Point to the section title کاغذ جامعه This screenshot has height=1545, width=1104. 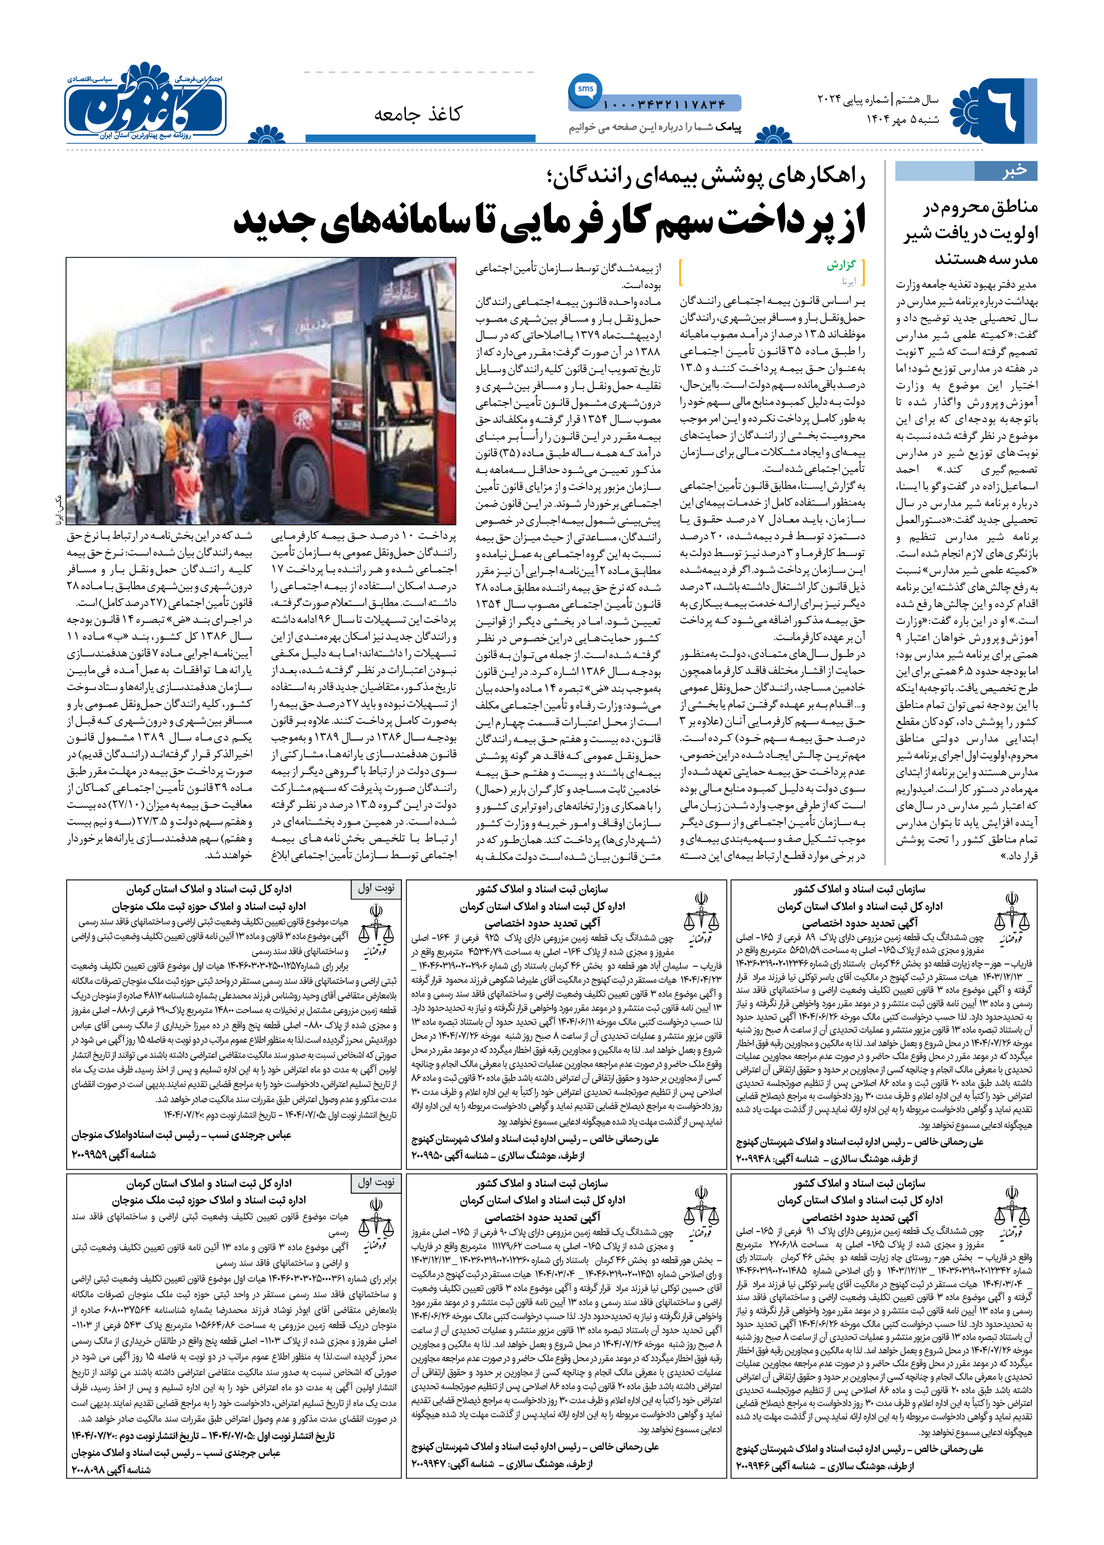click(x=417, y=114)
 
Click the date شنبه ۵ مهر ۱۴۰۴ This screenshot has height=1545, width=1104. click(x=902, y=119)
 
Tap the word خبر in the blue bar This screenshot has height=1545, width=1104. click(x=1014, y=172)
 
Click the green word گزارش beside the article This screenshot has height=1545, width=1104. click(x=840, y=265)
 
